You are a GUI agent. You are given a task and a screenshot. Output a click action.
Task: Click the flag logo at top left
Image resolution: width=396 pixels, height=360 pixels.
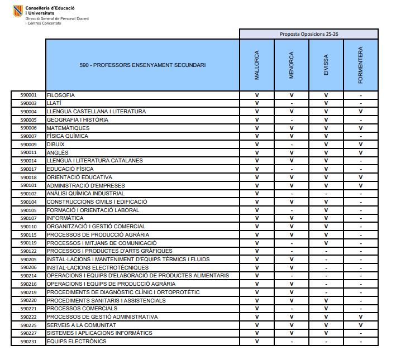point(18,11)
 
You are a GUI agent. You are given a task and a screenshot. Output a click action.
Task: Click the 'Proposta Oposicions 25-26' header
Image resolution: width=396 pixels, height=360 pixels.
point(309,34)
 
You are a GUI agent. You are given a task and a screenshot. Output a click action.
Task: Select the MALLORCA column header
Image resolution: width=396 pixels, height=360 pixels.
point(257,65)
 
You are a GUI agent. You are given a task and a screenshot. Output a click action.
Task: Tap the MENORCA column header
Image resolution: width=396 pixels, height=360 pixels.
point(292,65)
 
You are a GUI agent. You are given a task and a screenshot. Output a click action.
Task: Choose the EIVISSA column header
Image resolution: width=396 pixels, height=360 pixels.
point(326,65)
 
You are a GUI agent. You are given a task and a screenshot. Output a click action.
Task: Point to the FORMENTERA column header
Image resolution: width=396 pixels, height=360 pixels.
point(361,65)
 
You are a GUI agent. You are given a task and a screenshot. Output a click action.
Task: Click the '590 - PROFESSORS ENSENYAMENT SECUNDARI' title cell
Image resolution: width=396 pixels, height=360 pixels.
point(142,65)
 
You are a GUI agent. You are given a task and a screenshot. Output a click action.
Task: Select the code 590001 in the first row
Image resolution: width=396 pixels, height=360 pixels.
point(28,95)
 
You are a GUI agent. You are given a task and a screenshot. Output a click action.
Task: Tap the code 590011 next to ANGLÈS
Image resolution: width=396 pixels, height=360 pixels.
point(28,152)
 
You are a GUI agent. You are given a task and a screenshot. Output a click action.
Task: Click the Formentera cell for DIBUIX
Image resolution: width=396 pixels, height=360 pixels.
point(361,145)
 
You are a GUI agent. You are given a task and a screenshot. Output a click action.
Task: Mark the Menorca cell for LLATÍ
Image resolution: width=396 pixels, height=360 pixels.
point(292,103)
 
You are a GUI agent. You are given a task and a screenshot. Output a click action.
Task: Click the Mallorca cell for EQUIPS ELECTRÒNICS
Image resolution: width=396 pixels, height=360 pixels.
point(257,342)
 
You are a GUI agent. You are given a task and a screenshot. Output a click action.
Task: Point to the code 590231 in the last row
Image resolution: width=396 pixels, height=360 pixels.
point(28,342)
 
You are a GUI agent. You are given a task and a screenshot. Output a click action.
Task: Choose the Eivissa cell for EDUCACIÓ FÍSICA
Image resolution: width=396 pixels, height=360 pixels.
point(326,169)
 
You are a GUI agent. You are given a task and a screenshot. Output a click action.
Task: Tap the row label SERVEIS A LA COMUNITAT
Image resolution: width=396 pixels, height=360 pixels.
point(81,325)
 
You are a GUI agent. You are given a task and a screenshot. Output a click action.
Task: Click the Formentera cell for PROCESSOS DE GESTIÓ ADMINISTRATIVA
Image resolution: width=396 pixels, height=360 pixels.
point(361,317)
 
